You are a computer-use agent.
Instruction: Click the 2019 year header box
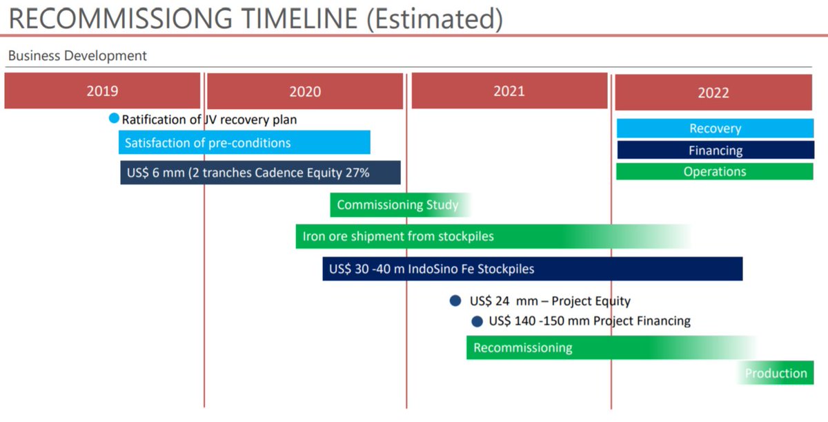click(x=102, y=90)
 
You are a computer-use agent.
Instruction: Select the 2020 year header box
click(x=305, y=91)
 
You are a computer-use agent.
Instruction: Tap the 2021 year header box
click(x=509, y=90)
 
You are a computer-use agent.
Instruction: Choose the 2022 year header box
click(x=713, y=92)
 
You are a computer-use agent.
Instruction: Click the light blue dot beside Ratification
click(x=115, y=119)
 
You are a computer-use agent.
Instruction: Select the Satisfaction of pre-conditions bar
click(x=244, y=143)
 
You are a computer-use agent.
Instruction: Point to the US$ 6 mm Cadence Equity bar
click(x=260, y=173)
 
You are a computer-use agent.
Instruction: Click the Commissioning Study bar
click(x=398, y=205)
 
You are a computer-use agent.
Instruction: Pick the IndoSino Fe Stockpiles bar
click(x=532, y=269)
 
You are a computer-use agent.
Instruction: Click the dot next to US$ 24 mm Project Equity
click(x=455, y=300)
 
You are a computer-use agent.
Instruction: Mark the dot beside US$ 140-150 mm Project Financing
click(x=477, y=321)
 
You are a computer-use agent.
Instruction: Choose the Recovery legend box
click(x=715, y=128)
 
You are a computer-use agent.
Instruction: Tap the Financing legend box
click(x=715, y=150)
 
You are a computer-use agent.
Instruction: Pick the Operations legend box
click(x=714, y=171)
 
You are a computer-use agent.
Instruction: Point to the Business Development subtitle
click(x=77, y=56)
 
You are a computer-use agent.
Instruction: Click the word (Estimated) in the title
click(x=434, y=19)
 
